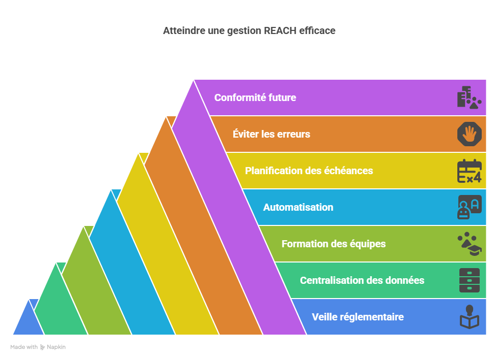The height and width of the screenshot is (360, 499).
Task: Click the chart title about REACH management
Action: pos(249,31)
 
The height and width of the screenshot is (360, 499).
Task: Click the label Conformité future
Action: pos(255,97)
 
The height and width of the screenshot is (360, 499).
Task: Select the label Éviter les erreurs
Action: pos(271,134)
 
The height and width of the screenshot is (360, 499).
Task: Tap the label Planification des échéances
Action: pos(309,171)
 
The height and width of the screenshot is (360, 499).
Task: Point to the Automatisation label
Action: pos(298,207)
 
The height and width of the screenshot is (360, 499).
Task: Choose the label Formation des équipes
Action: pos(333,244)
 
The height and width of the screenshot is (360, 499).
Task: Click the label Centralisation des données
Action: pos(362,280)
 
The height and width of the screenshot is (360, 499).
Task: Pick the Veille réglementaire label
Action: pos(358,317)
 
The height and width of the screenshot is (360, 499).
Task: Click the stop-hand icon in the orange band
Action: pos(469,134)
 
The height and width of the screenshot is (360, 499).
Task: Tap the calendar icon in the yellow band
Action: pos(469,171)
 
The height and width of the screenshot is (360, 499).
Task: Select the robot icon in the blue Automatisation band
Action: pos(469,207)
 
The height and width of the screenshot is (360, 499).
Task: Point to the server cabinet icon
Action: pos(469,280)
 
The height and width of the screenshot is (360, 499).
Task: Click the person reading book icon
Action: pos(469,317)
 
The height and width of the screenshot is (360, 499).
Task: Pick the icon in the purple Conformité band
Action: pos(469,97)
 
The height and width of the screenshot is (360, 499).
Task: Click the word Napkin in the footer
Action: pos(56,347)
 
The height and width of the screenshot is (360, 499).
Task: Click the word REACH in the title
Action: pos(279,31)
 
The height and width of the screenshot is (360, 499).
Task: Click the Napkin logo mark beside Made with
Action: pos(42,347)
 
